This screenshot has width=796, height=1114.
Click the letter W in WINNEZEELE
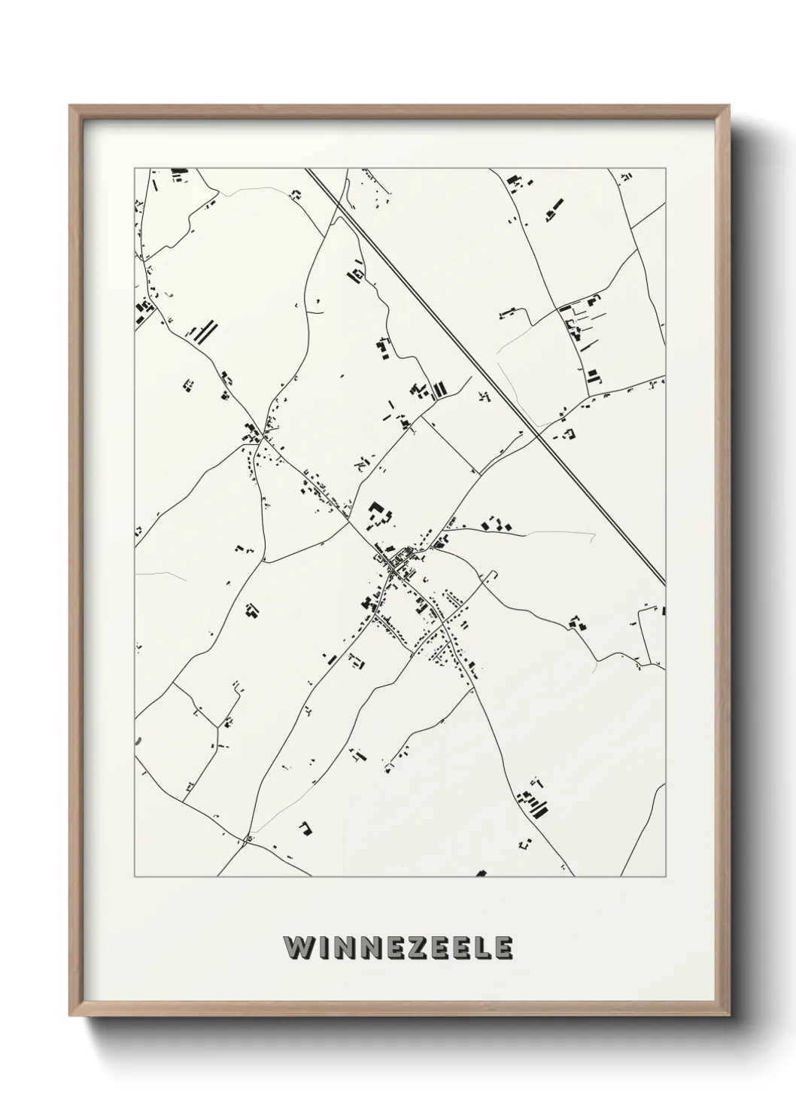[x=297, y=947]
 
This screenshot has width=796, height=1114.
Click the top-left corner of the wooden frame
[x=70, y=106]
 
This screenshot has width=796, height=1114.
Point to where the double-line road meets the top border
[x=308, y=169]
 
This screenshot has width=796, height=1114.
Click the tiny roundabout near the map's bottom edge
[x=248, y=839]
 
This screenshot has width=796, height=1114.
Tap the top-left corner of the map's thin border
[x=135, y=168]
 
